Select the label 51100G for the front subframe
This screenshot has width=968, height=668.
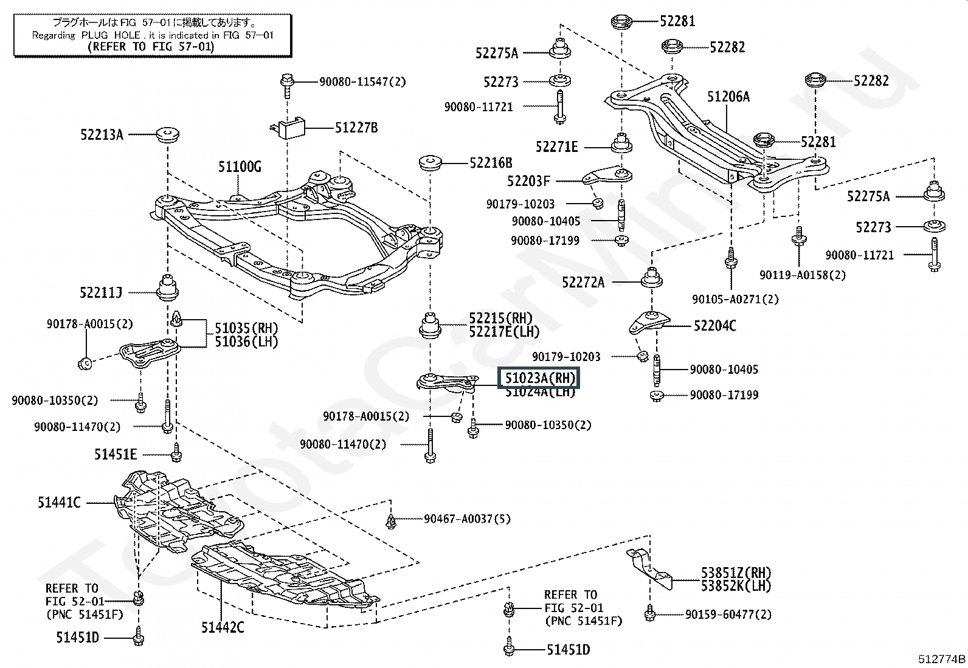[x=240, y=167]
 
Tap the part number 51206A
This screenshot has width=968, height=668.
[x=728, y=97]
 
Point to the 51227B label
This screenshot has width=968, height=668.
[x=356, y=128]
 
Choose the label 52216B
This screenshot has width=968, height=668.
[x=490, y=163]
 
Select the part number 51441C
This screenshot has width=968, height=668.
[x=58, y=503]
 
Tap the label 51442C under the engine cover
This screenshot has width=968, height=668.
[x=223, y=627]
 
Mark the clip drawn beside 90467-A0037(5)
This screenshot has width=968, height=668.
[x=392, y=520]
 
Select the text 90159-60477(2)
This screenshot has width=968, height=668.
[x=728, y=615]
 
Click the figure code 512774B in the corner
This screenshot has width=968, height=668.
[x=941, y=659]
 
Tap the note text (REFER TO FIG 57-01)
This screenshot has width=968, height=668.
[x=151, y=46]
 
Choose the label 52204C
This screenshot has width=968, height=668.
[x=714, y=326]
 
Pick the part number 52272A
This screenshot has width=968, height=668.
[x=583, y=282]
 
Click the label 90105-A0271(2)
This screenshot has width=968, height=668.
[x=735, y=299]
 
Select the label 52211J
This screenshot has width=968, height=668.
[x=100, y=293]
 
